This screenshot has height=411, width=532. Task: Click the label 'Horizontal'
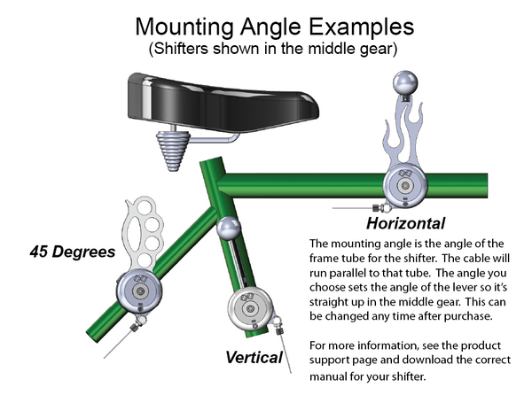click(406, 222)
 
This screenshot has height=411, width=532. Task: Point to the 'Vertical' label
click(254, 359)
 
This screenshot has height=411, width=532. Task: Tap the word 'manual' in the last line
click(331, 376)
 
